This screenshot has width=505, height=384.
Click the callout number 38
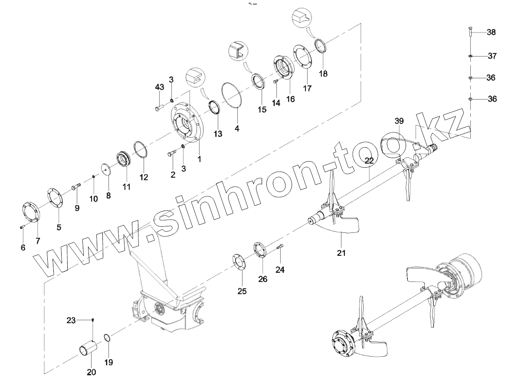point(491,32)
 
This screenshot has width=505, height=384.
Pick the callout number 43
point(159,87)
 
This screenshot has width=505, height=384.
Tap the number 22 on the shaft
point(369,160)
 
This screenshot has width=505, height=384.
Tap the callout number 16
point(290,99)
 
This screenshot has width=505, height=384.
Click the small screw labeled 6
point(23,226)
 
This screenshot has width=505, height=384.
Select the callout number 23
point(71,321)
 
